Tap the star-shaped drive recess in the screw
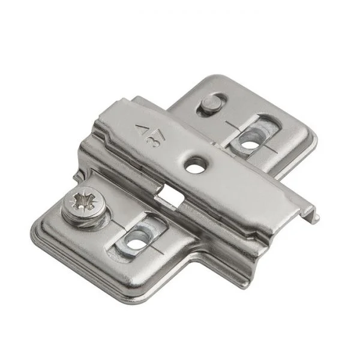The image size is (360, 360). coord(83,200)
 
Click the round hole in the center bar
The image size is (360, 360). coord(195,164)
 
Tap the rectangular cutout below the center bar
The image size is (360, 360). coord(169,197)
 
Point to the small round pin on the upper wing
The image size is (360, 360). coord(211,103)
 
